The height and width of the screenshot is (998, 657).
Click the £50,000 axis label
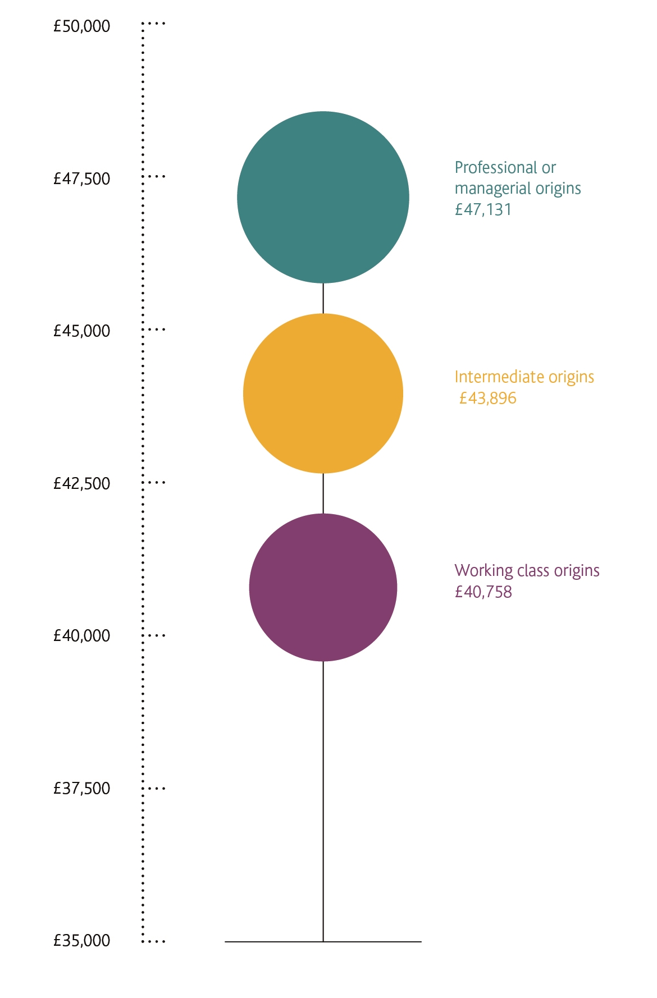pos(82,26)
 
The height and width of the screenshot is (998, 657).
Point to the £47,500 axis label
pos(82,179)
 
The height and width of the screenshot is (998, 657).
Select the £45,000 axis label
pos(82,331)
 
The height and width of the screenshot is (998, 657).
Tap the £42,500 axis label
pos(82,484)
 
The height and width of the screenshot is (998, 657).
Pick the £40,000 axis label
pos(82,636)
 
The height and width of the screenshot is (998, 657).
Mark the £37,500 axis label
pos(82,789)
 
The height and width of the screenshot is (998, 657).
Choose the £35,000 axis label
pos(82,941)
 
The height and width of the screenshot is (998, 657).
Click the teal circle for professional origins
pos(323,197)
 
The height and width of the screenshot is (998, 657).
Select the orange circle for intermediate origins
pos(323,393)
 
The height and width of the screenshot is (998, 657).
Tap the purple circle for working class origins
pos(323,587)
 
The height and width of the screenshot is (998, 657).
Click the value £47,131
pos(483,210)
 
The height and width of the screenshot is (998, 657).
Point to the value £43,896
pos(487,399)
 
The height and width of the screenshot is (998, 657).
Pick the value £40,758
pos(483,592)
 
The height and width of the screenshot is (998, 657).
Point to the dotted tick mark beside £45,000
pos(154,329)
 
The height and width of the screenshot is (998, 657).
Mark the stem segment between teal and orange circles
pos(323,298)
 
